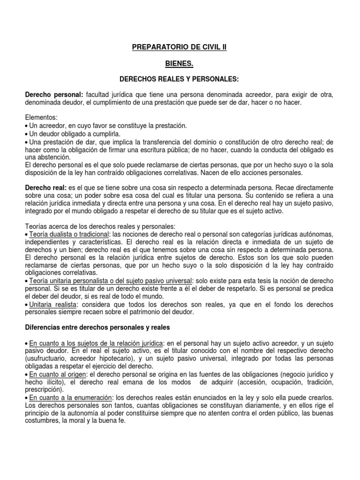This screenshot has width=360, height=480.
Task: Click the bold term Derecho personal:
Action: tap(54, 95)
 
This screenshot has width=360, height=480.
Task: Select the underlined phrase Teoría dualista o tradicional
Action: tap(69, 234)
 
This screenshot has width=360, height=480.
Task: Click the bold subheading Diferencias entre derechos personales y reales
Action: tap(97, 327)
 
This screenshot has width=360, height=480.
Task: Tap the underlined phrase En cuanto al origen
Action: tap(58, 375)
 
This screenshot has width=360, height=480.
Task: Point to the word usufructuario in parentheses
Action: tap(47, 359)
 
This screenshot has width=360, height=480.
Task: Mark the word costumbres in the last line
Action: tap(43, 420)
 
